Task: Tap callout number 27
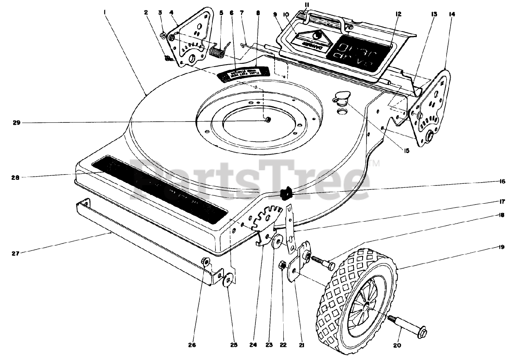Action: coord(15,252)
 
